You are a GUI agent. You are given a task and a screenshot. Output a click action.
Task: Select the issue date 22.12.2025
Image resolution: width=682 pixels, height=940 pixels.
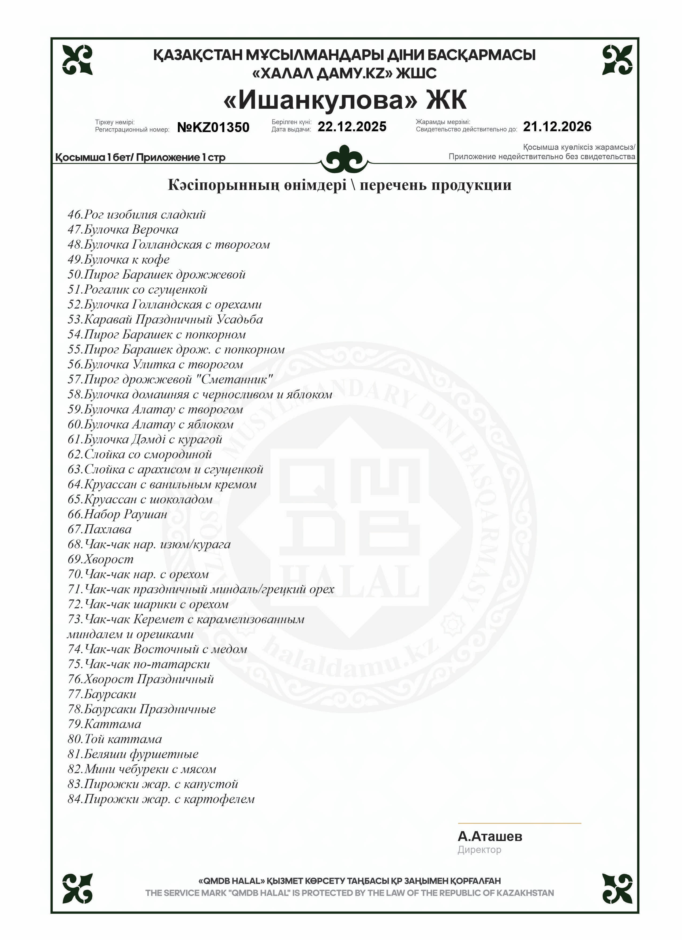[352, 126]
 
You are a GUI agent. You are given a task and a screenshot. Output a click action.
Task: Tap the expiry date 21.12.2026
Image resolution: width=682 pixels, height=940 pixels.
[557, 126]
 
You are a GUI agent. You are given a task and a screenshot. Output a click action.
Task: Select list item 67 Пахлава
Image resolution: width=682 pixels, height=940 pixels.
[99, 529]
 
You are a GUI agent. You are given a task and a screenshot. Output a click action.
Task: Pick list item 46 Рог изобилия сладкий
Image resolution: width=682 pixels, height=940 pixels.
[137, 215]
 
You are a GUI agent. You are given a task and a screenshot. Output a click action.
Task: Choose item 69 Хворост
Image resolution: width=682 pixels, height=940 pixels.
[101, 560]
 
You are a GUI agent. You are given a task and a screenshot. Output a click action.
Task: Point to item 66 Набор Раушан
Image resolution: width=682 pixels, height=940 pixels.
[117, 514]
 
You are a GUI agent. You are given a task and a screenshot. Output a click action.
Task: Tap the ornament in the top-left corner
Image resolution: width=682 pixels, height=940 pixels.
[77, 60]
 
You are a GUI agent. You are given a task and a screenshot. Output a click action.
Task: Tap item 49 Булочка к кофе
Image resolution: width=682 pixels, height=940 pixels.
[118, 260]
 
